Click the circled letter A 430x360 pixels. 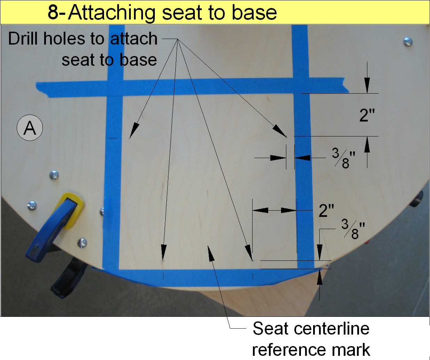(30, 128)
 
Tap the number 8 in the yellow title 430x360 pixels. (53, 13)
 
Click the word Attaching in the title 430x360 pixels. (112, 13)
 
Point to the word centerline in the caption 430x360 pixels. (332, 328)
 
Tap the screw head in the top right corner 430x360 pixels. (408, 42)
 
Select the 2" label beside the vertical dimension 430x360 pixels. (367, 115)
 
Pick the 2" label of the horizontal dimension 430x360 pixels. (326, 210)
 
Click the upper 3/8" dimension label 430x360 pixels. (343, 158)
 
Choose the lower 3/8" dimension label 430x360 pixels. (353, 229)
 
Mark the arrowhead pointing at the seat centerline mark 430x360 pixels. (211, 253)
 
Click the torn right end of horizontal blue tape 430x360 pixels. (346, 85)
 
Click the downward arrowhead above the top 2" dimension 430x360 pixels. (367, 85)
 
